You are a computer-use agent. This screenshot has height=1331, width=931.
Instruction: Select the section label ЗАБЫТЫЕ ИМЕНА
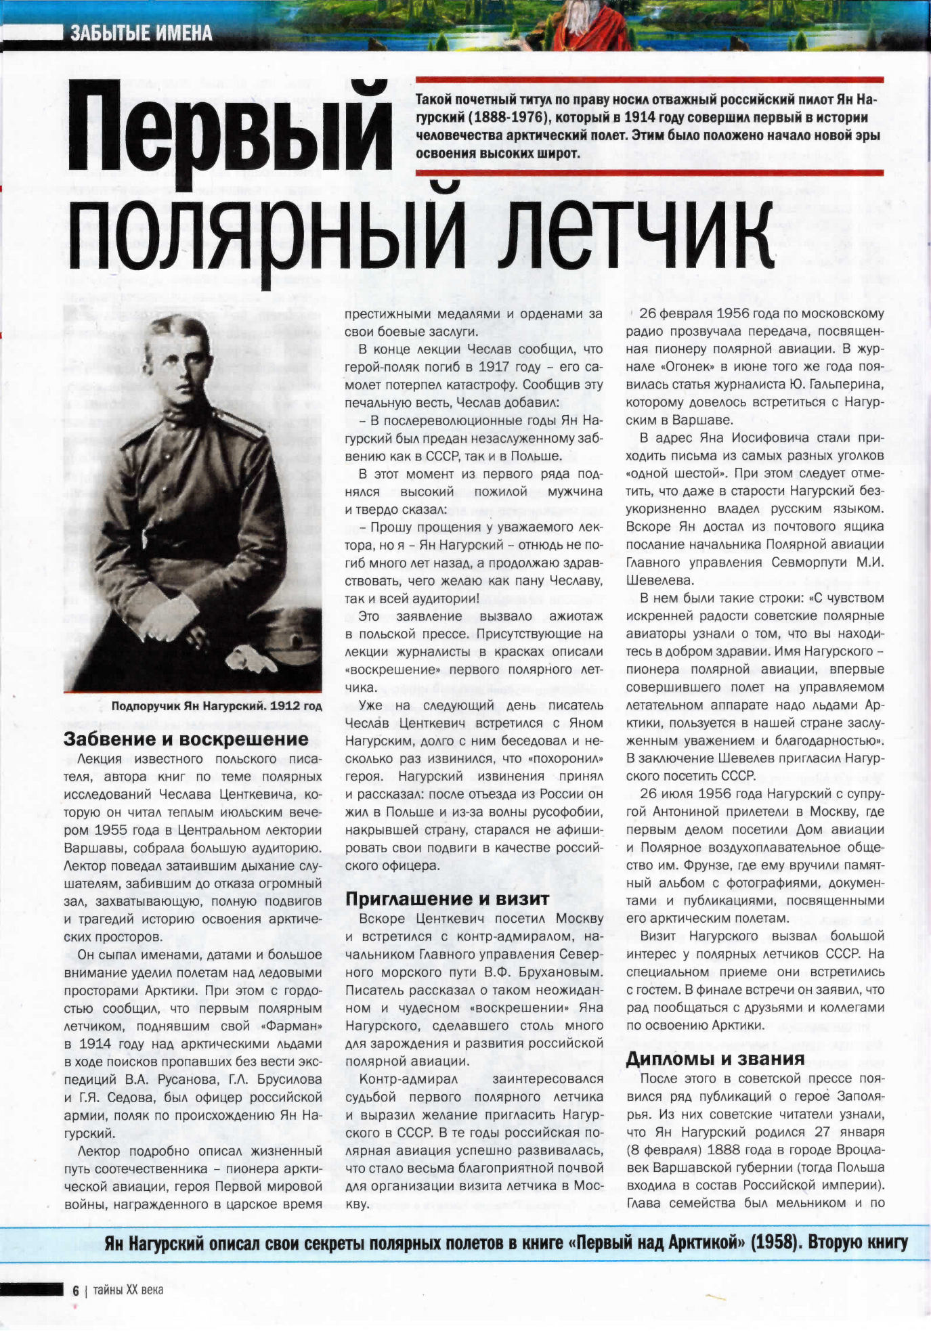141,33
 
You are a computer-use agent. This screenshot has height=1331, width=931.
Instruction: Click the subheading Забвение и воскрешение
186,739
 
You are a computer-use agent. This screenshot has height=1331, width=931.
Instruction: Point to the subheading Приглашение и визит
447,899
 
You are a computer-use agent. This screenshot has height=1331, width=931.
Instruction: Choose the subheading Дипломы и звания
715,1059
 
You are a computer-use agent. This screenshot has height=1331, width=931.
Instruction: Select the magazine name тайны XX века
128,1290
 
